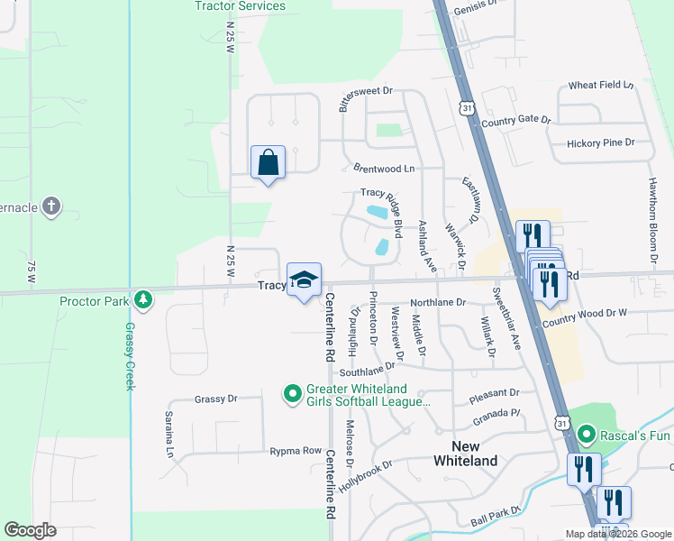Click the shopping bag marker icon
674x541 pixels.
(x=268, y=162)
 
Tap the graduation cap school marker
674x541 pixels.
(x=305, y=280)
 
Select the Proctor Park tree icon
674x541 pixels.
(x=141, y=299)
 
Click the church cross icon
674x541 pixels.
(x=52, y=206)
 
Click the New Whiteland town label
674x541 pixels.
(x=465, y=454)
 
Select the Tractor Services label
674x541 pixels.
(x=240, y=6)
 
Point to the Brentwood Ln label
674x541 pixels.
(x=384, y=169)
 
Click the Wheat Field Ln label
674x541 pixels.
(x=601, y=86)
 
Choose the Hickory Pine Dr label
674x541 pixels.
(x=601, y=142)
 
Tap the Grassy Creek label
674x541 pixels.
(x=130, y=356)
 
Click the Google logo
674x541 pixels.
(x=30, y=530)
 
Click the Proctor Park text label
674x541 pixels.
(x=95, y=300)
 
